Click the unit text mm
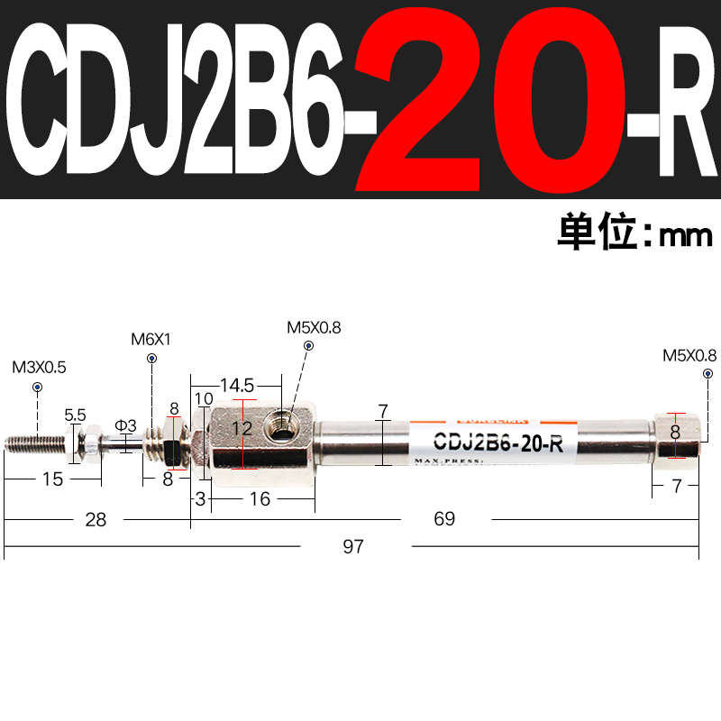pos(686,236)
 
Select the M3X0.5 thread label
pos(39,368)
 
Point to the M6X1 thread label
pos(151,340)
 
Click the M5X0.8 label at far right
pos(689,355)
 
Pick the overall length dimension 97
pos(353,547)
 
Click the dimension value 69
pos(443,518)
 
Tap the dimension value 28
pos(96,518)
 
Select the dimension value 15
pos(53,479)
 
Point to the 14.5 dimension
pos(236,386)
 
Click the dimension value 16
pos(260,498)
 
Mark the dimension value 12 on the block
pos(242,429)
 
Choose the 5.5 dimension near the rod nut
pos(76,415)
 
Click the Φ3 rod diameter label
pos(125,425)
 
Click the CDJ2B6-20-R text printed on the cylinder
pos(498,443)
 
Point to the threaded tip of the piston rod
pos(34,443)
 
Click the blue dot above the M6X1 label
pos(151,358)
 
